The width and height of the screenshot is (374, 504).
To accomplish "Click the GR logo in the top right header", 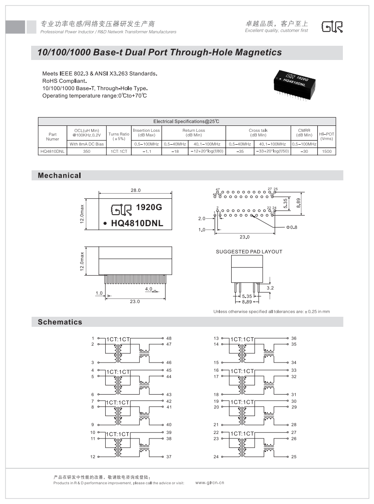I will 332,27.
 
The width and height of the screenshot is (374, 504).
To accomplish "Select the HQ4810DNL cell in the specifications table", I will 52,151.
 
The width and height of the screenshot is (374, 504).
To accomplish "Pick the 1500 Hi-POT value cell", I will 326,151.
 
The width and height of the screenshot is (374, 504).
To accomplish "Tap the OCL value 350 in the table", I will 86,151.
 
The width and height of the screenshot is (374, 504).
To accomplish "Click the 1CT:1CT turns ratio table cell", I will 119,151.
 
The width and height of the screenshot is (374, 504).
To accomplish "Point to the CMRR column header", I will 304,133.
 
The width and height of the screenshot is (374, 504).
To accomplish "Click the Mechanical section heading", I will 60,176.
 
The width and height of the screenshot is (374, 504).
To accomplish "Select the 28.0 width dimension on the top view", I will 136,190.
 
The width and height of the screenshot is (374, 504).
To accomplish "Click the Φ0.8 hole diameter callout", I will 292,227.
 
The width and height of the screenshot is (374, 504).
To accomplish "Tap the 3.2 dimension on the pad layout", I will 270,288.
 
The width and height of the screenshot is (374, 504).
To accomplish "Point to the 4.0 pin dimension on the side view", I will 148,289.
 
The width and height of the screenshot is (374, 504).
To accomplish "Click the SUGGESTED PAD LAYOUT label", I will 249,252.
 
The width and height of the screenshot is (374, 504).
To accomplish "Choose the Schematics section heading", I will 60,322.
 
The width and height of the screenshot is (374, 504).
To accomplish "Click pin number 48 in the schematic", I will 169,338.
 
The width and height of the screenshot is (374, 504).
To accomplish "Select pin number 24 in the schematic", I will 216,457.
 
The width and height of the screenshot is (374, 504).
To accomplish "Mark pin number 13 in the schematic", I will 216,338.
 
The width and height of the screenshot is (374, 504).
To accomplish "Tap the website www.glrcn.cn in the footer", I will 210,482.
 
